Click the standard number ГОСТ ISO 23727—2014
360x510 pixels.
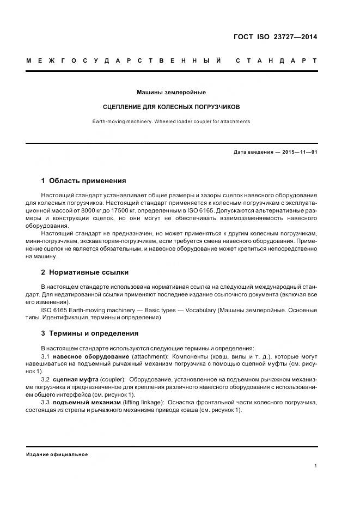[x=274, y=38]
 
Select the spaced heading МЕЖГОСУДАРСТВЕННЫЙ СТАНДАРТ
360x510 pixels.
[x=172, y=60]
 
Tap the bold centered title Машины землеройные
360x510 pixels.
[x=171, y=93]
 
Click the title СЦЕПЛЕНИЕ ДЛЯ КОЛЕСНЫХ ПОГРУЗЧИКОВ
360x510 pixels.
[x=171, y=107]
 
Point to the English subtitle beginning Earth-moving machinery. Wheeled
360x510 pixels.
[x=171, y=122]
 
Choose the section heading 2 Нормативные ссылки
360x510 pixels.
[x=84, y=272]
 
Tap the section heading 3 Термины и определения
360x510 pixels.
[x=89, y=333]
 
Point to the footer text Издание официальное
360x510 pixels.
[x=57, y=454]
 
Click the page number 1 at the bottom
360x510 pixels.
[x=316, y=466]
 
